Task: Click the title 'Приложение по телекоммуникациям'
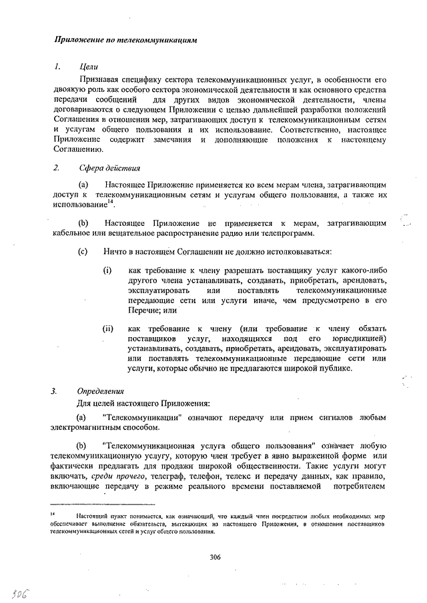click(126, 40)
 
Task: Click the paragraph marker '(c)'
click(83, 252)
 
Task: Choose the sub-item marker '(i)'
click(107, 271)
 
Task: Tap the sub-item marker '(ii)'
click(108, 328)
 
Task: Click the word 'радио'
click(226, 233)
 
